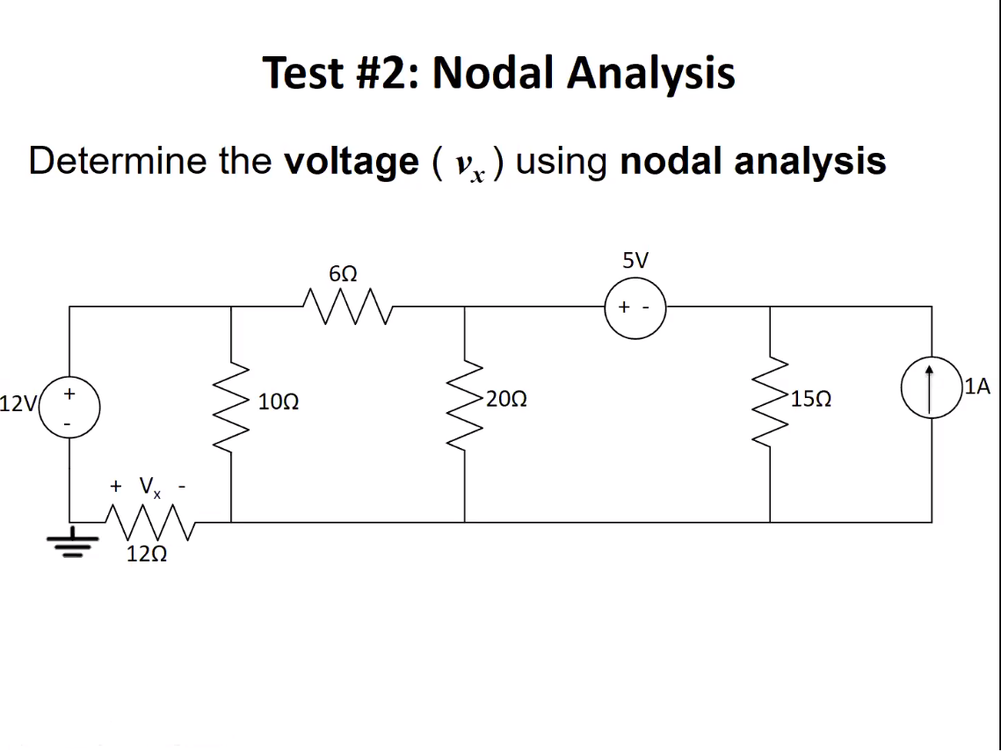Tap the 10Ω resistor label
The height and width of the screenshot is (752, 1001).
(x=279, y=402)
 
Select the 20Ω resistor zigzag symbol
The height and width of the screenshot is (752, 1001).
(x=465, y=400)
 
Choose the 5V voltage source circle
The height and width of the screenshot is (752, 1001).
(x=635, y=307)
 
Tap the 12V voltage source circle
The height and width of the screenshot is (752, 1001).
(x=70, y=408)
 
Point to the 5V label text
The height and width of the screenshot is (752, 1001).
(x=635, y=260)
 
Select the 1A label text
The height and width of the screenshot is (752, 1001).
(x=976, y=385)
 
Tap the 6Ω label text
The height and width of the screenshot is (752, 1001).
(x=343, y=273)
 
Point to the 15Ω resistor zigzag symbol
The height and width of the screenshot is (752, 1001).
(x=771, y=400)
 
